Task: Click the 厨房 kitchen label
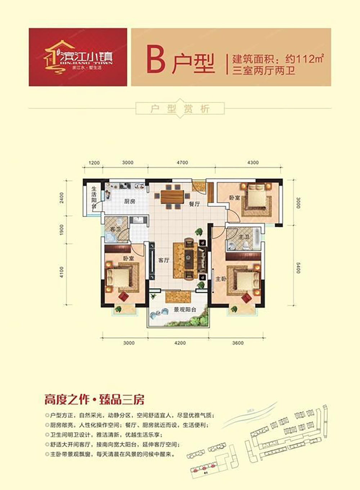(130, 201)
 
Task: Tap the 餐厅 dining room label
(194, 204)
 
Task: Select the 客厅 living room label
(164, 260)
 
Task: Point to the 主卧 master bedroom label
(221, 279)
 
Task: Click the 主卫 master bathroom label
(244, 237)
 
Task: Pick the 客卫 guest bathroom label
(115, 229)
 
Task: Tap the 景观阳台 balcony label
(185, 309)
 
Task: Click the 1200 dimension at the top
(94, 163)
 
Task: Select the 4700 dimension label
(182, 163)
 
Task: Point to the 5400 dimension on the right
(298, 267)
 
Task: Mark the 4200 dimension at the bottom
(180, 343)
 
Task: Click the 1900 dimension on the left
(62, 230)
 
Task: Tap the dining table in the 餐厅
(172, 197)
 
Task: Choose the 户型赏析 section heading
(180, 109)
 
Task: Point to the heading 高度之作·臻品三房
(94, 400)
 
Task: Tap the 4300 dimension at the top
(253, 163)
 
